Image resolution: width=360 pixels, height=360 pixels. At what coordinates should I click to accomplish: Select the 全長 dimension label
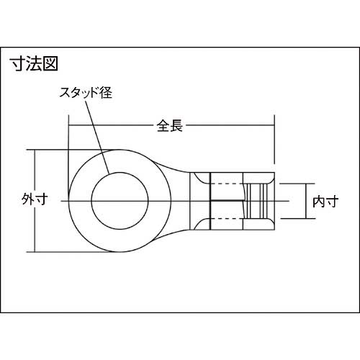coord(169,125)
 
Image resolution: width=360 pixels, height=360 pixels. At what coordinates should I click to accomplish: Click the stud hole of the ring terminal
coord(119,198)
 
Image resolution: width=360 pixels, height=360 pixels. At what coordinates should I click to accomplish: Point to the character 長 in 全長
coord(176,125)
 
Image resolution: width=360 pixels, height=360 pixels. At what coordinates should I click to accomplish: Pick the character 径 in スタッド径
coord(110,93)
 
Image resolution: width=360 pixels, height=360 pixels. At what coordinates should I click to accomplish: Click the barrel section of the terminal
coord(227,198)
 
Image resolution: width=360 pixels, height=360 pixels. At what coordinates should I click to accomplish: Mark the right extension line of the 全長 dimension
coord(274,140)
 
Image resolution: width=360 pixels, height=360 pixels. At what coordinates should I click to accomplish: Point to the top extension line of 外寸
coord(58,150)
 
